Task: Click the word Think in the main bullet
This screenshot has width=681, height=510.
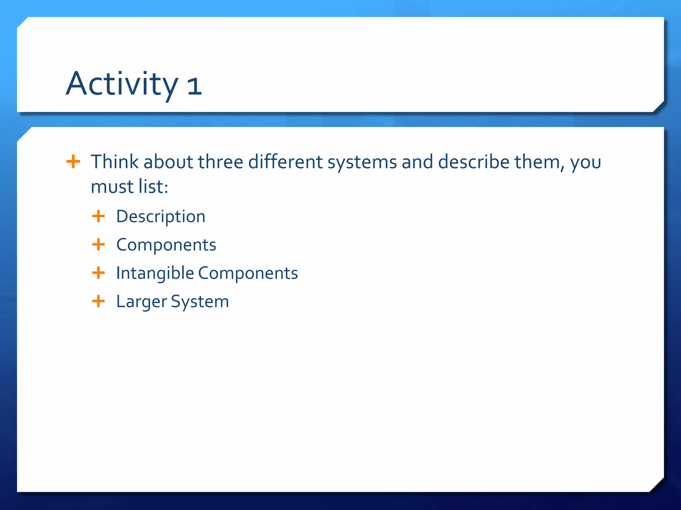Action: coord(114,162)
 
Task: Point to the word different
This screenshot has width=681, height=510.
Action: coord(285,162)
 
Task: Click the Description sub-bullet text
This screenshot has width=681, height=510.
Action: coord(161,217)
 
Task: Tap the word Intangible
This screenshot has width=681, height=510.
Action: coord(155,273)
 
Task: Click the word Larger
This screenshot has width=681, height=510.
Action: coord(141,302)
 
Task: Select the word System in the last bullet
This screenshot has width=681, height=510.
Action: coord(200,302)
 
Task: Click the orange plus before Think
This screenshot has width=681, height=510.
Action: coord(73,162)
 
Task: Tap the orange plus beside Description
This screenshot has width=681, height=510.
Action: coord(98,216)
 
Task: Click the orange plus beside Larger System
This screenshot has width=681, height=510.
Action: coord(98,301)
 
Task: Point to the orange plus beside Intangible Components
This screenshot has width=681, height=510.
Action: coord(98,273)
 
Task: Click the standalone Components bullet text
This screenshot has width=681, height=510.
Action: coord(166,245)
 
